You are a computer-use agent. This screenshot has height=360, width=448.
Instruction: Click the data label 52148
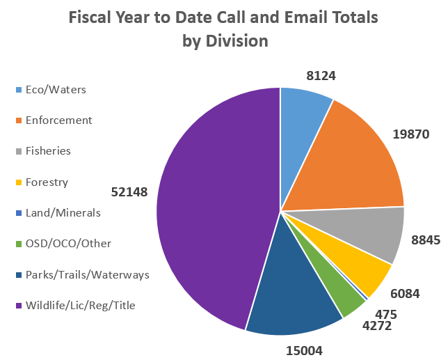[129, 191]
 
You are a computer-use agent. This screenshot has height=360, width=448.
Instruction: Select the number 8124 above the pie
[321, 75]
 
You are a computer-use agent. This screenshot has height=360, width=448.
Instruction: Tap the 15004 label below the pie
[305, 350]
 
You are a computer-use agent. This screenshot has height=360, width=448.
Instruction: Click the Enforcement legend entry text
[58, 120]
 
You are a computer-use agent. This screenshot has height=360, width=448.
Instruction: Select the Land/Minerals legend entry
[63, 212]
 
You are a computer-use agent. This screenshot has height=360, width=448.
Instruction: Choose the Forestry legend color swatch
[19, 182]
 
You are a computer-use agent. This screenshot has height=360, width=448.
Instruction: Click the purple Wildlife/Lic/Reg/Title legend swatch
[19, 305]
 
